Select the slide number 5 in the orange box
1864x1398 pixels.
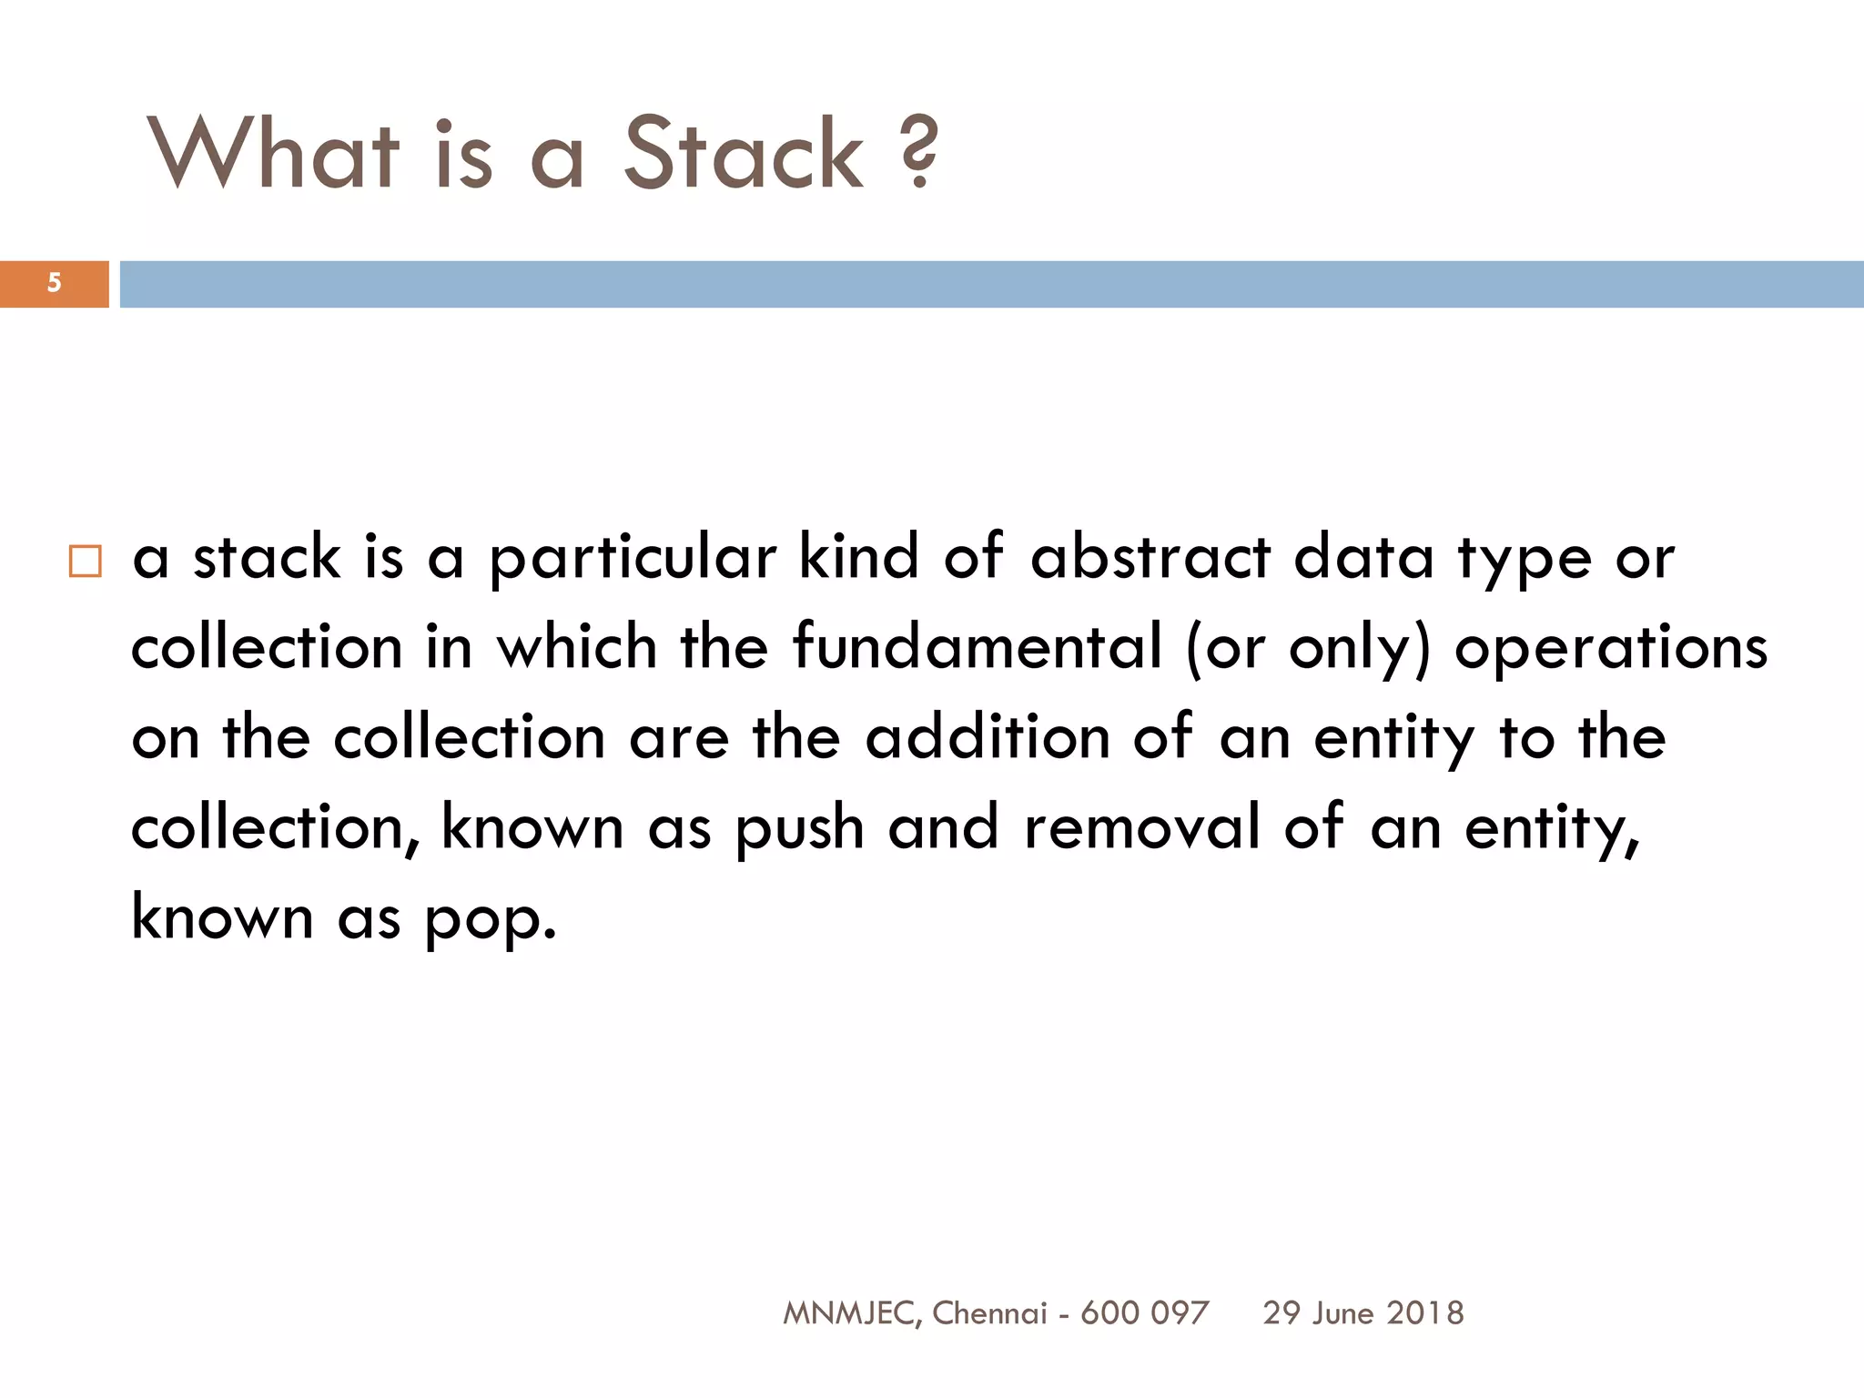coord(54,283)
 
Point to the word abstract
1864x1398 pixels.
coord(1150,557)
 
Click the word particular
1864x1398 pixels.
coord(633,559)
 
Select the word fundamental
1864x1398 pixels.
coord(978,647)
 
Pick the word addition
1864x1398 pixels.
coord(988,737)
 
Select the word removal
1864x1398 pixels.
coord(1141,827)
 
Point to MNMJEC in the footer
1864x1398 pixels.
coord(853,1313)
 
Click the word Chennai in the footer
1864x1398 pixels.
coord(990,1313)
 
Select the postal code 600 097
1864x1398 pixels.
coord(1144,1313)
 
